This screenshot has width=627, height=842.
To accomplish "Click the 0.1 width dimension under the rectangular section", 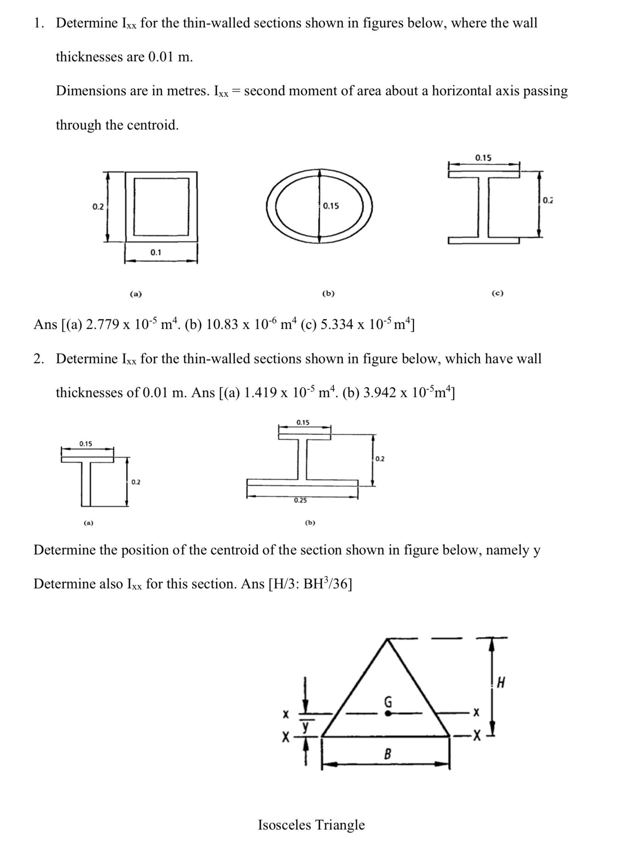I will [x=155, y=252].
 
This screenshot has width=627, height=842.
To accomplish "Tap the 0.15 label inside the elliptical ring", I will [x=331, y=206].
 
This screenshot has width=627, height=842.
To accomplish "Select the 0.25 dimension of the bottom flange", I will [x=300, y=501].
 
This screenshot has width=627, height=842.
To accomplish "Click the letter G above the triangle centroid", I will [x=388, y=702].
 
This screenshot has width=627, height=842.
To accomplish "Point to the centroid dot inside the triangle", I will [x=388, y=714].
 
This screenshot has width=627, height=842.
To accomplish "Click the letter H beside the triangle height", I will [x=501, y=683].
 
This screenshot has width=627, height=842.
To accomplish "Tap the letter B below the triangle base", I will [x=387, y=754].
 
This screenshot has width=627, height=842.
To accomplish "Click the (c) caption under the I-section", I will [x=497, y=293].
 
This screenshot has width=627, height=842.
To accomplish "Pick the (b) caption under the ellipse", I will [x=328, y=293].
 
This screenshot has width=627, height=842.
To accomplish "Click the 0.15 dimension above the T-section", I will [x=85, y=444].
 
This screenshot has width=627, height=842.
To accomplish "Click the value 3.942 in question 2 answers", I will [x=379, y=393].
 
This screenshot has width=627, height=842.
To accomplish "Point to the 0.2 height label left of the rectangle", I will [x=98, y=207].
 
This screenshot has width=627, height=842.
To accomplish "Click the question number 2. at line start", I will [x=39, y=359].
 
